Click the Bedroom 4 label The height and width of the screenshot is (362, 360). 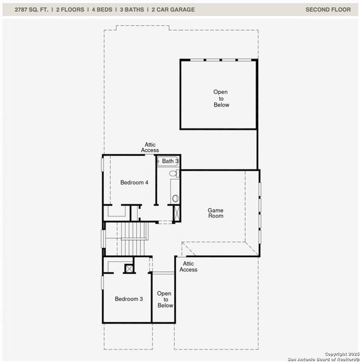134,182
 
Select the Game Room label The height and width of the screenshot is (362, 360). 215,213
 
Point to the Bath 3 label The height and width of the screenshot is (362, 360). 170,162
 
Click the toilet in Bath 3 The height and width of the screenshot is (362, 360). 173,174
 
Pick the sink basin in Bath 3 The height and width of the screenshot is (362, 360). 175,197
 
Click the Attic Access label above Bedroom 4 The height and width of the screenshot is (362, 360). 150,147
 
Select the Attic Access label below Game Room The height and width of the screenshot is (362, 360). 188,267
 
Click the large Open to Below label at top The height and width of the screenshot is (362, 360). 221,98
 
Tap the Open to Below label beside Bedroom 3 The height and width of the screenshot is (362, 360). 165,299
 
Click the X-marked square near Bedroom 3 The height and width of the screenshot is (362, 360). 128,268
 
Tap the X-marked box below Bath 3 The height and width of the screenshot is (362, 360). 177,213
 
